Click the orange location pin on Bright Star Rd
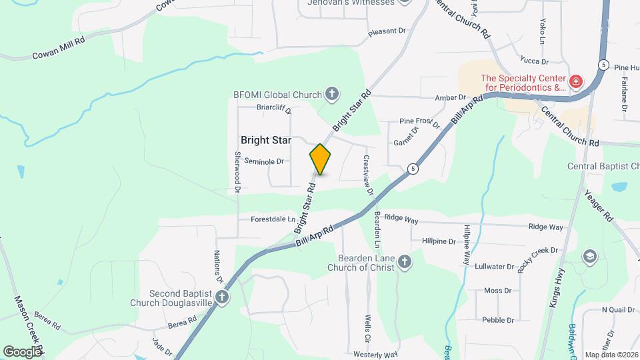point(321,159)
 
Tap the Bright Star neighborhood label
point(266,140)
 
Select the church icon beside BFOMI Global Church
point(332,94)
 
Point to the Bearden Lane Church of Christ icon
point(405,263)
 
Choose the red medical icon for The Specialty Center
point(577,83)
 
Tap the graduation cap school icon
point(589,256)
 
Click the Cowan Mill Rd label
point(59,49)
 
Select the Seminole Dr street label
point(264,161)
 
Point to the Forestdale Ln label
point(273,219)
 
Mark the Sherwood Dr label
point(237,172)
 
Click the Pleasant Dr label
point(387,31)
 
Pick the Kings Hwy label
point(557,287)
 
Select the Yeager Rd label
point(599,205)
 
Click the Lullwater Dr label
point(494,266)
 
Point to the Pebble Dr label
point(497,320)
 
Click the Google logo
point(23,351)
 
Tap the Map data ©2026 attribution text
point(610,355)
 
